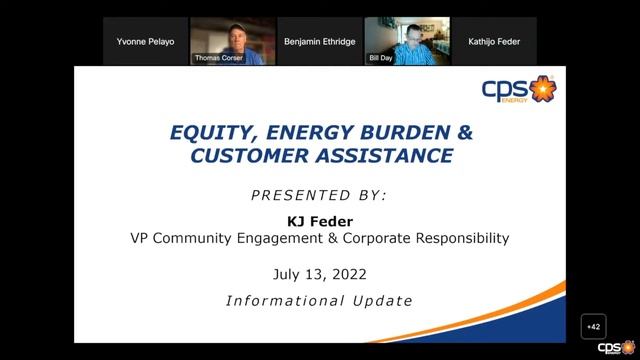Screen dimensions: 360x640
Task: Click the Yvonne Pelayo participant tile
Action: coord(145,41)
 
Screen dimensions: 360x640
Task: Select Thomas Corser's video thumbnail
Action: coord(231,41)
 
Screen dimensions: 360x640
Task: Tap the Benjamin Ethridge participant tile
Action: coord(319,41)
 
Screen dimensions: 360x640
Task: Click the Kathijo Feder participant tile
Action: coord(493,41)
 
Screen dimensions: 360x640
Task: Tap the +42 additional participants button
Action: coord(593,327)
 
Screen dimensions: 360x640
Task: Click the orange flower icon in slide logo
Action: coord(541,90)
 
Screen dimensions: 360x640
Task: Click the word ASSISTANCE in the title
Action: coord(382,155)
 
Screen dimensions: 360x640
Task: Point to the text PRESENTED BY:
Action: coord(319,193)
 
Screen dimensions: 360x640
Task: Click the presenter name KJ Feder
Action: coord(319,220)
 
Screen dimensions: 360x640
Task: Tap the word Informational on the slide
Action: coord(282,299)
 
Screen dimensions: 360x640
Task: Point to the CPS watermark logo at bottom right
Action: coord(612,347)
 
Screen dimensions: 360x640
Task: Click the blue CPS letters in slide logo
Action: coord(505,88)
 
